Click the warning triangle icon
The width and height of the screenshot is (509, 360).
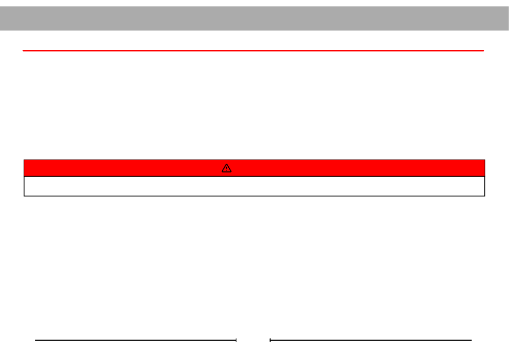[x=227, y=168]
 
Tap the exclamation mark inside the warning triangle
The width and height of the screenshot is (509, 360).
[x=227, y=169]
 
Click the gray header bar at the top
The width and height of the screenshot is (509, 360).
[x=254, y=18]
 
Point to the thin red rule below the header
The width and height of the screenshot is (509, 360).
[x=253, y=51]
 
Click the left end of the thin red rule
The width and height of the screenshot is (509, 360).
[x=24, y=51]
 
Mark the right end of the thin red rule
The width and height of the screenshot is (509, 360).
[x=483, y=51]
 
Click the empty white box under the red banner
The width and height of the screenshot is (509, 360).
[x=254, y=186]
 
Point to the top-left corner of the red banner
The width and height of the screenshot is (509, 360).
[x=24, y=160]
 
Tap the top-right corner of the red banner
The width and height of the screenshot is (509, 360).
[x=484, y=160]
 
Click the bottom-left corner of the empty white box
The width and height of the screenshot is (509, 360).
[x=24, y=196]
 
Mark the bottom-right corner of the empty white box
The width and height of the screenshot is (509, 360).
[x=484, y=196]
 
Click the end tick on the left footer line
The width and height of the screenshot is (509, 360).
[x=236, y=340]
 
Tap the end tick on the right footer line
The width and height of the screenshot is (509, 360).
[x=270, y=340]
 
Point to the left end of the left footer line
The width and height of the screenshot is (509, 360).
[x=36, y=340]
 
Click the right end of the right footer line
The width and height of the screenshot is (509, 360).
[x=471, y=340]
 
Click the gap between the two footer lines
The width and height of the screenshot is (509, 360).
[x=253, y=340]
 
